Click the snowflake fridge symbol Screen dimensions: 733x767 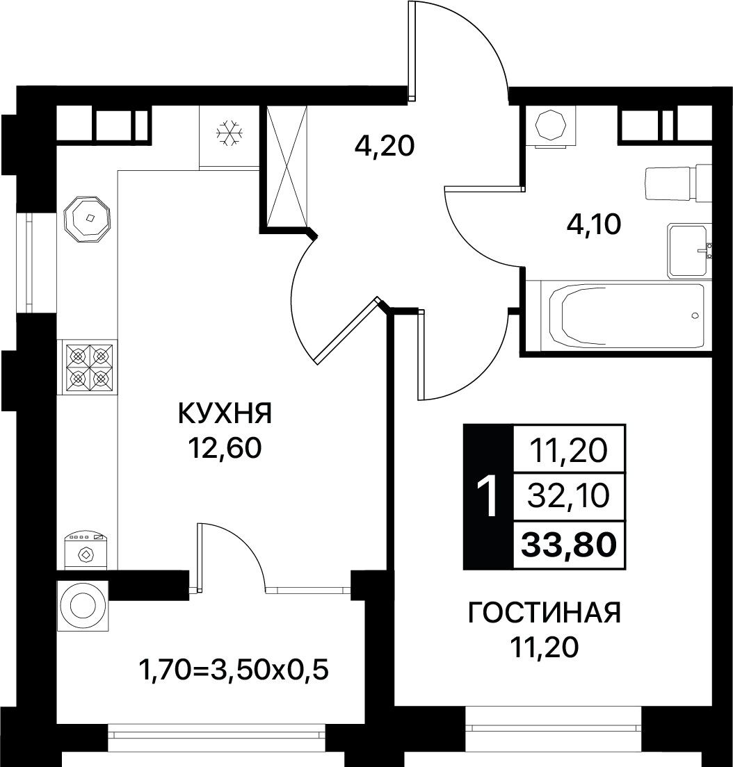tap(229, 133)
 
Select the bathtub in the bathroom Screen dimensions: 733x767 tap(627, 315)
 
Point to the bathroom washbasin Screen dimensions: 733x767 tap(690, 251)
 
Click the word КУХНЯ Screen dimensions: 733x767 tap(225, 414)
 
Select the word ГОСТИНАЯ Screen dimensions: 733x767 tap(545, 613)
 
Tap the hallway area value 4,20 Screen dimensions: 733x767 tap(385, 146)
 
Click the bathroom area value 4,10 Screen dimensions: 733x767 tap(593, 224)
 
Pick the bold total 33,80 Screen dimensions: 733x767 tap(568, 545)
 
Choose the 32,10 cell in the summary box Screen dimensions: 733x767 tap(568, 496)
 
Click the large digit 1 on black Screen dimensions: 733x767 tap(488, 497)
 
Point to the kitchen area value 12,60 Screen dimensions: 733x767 tap(225, 447)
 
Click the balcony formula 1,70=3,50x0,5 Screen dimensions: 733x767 tap(234, 670)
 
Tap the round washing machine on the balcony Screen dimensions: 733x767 tap(82, 606)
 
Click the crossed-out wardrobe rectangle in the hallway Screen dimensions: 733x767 tap(287, 167)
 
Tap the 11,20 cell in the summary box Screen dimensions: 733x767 tap(568, 450)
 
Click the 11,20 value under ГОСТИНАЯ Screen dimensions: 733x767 tap(545, 648)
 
